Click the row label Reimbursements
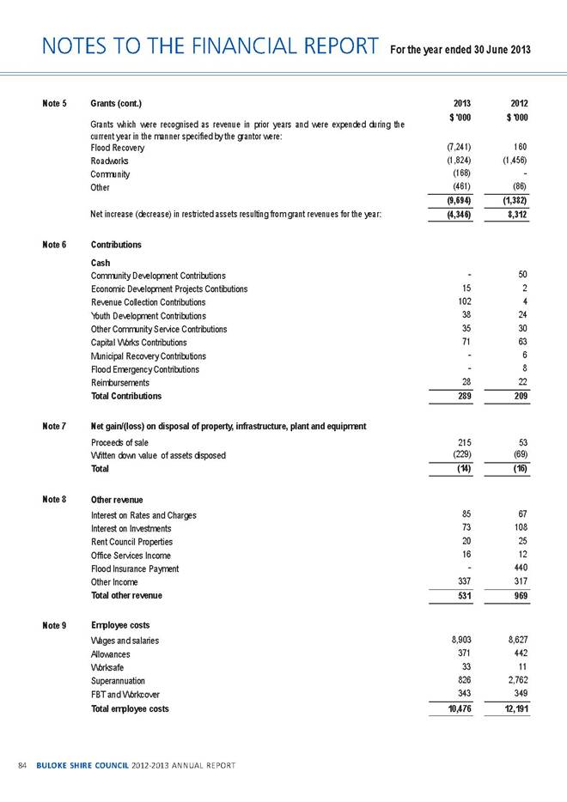pyautogui.click(x=119, y=382)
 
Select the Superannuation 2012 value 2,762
pyautogui.click(x=515, y=682)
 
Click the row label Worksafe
pyautogui.click(x=109, y=668)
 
